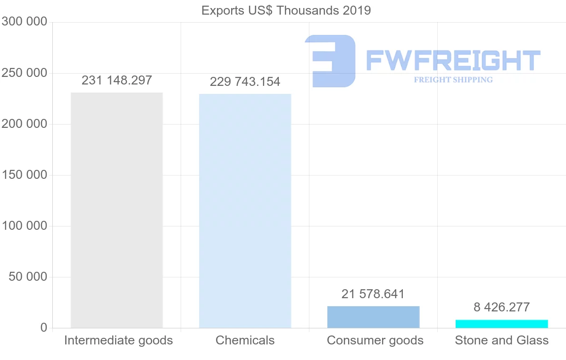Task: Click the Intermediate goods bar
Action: (x=117, y=210)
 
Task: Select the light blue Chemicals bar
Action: (x=245, y=211)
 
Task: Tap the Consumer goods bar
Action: (x=373, y=317)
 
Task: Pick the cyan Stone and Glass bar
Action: (x=501, y=324)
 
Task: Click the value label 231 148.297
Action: (x=117, y=80)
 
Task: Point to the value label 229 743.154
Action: (x=245, y=82)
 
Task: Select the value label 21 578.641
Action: (x=373, y=294)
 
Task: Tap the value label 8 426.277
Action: (x=501, y=307)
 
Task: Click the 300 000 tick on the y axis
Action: (x=25, y=22)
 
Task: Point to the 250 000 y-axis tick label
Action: (x=25, y=73)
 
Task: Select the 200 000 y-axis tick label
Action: (x=25, y=124)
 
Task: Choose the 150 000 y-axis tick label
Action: (x=25, y=175)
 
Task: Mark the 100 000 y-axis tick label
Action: (x=25, y=226)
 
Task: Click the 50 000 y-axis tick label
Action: (x=28, y=277)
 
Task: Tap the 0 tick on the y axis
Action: (x=43, y=328)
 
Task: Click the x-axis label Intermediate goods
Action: (x=118, y=340)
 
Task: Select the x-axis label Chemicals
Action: (x=245, y=340)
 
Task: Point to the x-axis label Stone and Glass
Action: (x=501, y=340)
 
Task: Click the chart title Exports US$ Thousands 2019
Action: (x=286, y=10)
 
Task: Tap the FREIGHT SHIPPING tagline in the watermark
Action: (x=453, y=80)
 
